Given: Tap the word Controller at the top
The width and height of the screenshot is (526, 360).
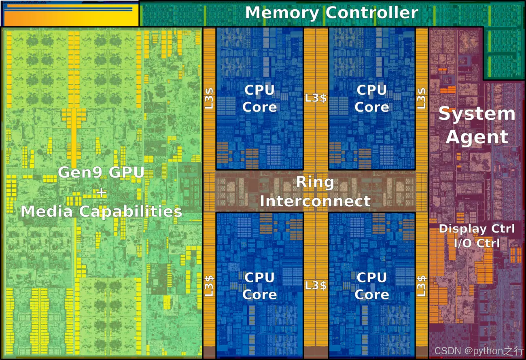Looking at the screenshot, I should point(372,13).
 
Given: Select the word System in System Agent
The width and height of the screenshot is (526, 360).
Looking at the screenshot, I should point(477,114).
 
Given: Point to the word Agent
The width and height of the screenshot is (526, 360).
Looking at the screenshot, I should point(477,137).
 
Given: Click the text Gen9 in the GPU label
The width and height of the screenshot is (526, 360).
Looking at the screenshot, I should point(78,173).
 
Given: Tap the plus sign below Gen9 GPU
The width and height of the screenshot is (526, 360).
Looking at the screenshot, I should point(101,192).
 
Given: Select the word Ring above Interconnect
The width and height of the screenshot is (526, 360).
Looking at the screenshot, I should point(315,182).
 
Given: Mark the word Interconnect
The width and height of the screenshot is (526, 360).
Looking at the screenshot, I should point(315,201).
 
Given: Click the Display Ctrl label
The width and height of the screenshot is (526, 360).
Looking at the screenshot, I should point(477,229).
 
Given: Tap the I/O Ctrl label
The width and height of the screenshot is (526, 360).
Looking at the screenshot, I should point(477,243).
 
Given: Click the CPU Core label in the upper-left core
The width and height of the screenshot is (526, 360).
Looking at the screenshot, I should point(259,98).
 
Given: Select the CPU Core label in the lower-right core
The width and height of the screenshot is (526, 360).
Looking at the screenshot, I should point(371,286).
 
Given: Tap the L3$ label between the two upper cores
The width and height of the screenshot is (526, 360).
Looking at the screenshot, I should point(316,97).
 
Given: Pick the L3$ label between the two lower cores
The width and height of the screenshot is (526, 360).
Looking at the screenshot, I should point(316,285).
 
